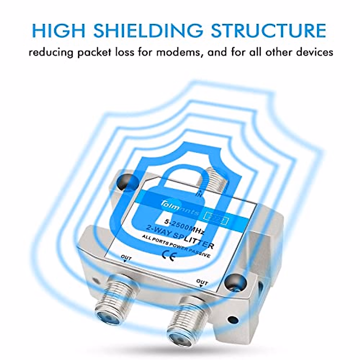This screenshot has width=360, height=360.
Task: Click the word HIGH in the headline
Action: (59, 30)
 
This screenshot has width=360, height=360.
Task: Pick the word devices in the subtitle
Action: (314, 52)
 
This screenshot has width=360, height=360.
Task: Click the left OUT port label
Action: (126, 257)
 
